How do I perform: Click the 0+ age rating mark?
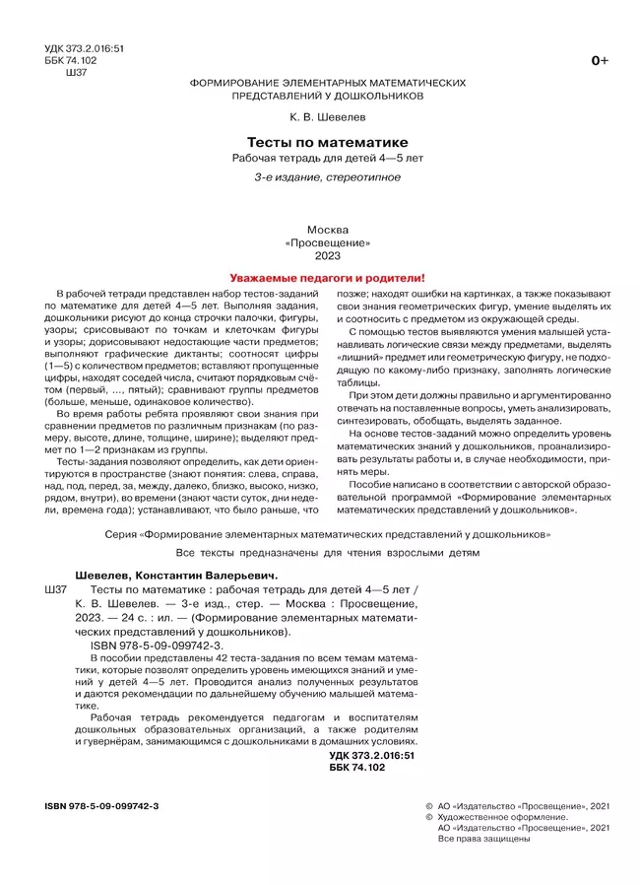(599, 61)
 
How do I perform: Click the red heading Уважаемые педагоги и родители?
(320, 279)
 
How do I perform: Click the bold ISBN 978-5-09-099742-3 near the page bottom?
(101, 805)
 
